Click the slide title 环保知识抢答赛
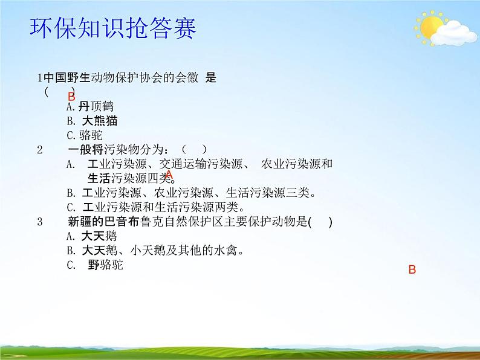[113, 28]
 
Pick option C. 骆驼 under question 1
[85, 135]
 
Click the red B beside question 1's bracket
[71, 97]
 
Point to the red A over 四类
[169, 175]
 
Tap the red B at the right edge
[412, 269]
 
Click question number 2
[40, 150]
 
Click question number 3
[40, 222]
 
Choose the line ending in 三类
[191, 193]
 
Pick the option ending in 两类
[155, 207]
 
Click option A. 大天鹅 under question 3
[91, 236]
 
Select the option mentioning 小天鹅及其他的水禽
[155, 251]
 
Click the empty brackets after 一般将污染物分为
[195, 150]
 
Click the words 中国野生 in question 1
[66, 78]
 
